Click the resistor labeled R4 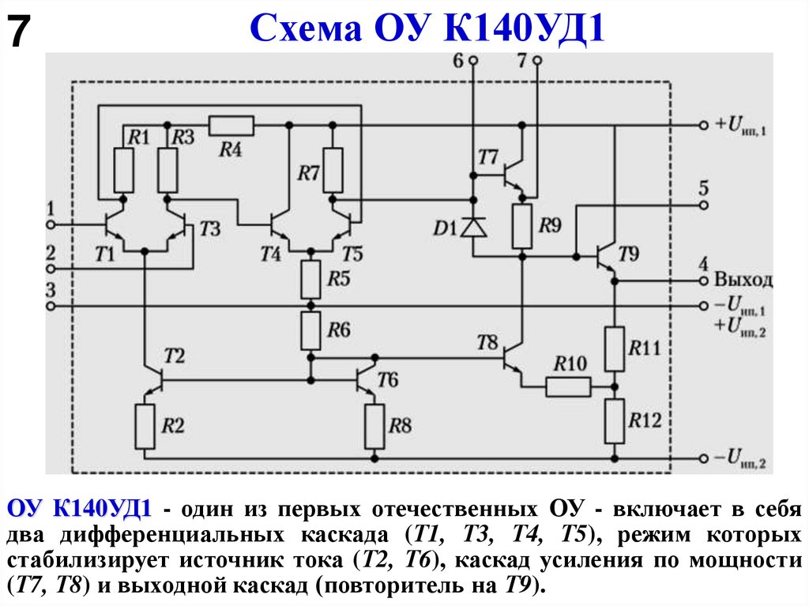coord(231,126)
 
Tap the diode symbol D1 coord(474,228)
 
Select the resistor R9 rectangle coord(521,226)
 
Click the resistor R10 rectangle coord(568,386)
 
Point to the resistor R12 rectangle coord(615,420)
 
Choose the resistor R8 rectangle coord(374,427)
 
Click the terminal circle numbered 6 coord(473,60)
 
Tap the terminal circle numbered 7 coord(537,60)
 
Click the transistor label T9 coord(630,254)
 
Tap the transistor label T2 coord(174,356)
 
